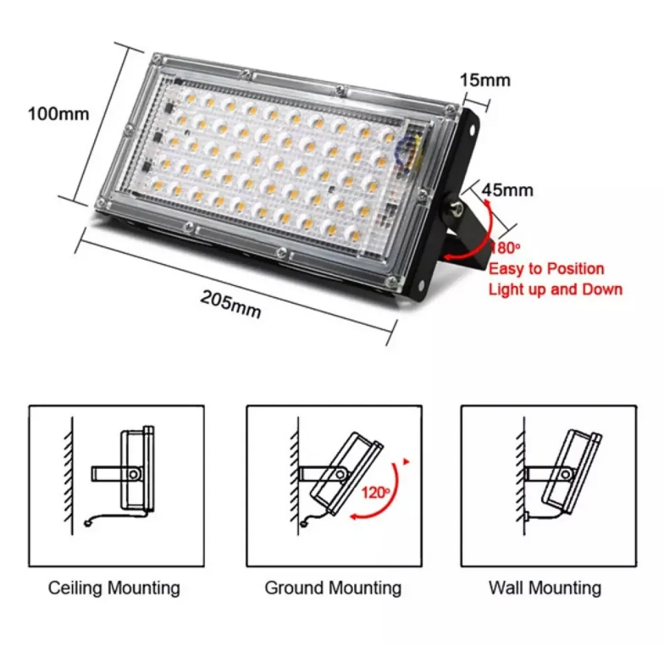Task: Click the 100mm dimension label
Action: tap(58, 114)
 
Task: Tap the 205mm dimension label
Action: tap(231, 304)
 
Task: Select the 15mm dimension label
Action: tap(486, 80)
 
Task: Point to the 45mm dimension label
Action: tap(508, 190)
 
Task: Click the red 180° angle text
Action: tap(506, 248)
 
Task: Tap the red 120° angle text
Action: tap(376, 492)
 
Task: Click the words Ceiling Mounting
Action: tap(114, 588)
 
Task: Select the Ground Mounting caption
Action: tap(333, 588)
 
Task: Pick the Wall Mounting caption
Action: tap(545, 588)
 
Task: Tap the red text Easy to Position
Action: tap(546, 269)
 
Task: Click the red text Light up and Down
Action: tap(555, 289)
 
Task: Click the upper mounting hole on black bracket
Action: tap(471, 130)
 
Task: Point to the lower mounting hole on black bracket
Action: tap(422, 285)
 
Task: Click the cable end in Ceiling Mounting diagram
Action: tap(88, 524)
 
